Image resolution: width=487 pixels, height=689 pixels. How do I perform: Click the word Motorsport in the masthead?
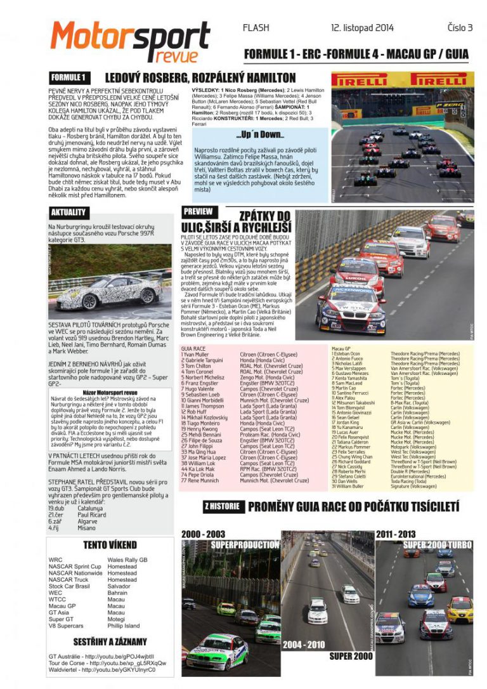tap(130, 37)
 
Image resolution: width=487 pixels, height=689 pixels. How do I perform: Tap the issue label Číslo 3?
tap(460, 28)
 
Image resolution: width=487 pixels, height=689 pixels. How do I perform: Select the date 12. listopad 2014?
tap(362, 28)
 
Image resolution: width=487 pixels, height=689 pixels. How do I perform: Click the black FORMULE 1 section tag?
tap(68, 78)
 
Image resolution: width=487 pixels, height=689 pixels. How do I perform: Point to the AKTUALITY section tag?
tap(69, 213)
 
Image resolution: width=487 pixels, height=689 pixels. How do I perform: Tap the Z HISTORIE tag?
tap(221, 506)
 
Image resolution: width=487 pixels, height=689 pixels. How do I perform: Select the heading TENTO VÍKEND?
tap(110, 545)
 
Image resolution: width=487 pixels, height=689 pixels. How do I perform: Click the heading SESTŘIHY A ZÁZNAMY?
tap(110, 641)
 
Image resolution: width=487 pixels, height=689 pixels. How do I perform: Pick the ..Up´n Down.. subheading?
tap(259, 135)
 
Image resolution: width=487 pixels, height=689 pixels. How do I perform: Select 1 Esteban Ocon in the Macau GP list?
tap(346, 353)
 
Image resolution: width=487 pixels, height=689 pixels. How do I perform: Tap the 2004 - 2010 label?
tap(303, 645)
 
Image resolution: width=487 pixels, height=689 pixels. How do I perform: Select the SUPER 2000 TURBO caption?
tap(437, 545)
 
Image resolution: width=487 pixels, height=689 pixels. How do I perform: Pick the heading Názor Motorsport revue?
tap(110, 393)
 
